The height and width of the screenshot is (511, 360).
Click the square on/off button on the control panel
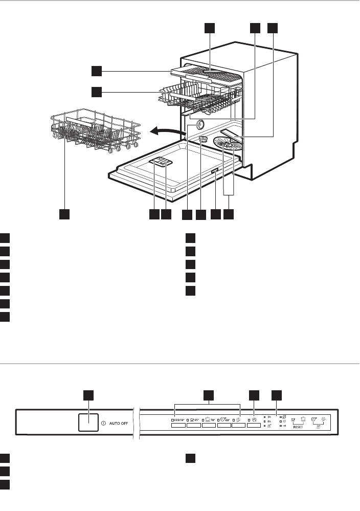88,423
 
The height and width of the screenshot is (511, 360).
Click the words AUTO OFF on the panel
121,423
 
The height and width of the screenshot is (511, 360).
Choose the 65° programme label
193,419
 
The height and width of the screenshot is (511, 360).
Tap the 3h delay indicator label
269,417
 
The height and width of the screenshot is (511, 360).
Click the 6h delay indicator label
269,421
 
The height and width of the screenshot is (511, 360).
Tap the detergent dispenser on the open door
162,163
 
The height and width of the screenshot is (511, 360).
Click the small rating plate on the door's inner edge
215,174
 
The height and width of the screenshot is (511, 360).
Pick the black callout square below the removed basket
64,214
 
